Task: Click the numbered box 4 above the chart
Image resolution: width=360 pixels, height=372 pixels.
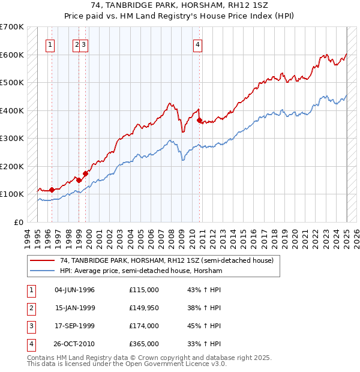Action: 197,44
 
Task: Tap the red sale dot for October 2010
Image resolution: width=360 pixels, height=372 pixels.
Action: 200,121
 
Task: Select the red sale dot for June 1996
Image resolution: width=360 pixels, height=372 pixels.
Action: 52,190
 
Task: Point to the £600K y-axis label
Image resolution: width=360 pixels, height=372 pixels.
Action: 12,55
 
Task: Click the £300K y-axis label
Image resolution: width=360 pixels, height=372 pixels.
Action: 12,138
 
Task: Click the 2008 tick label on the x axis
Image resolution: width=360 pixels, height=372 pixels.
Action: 172,237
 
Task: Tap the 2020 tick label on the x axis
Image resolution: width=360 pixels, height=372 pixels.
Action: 295,237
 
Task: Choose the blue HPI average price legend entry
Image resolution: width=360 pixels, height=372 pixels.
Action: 141,271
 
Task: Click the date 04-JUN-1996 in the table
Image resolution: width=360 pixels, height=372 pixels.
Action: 74,290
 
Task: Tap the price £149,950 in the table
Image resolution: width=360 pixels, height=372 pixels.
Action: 143,308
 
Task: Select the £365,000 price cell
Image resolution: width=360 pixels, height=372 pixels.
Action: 143,344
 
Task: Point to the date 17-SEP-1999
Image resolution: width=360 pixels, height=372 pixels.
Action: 74,326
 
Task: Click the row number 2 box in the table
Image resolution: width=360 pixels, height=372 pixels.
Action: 31,308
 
